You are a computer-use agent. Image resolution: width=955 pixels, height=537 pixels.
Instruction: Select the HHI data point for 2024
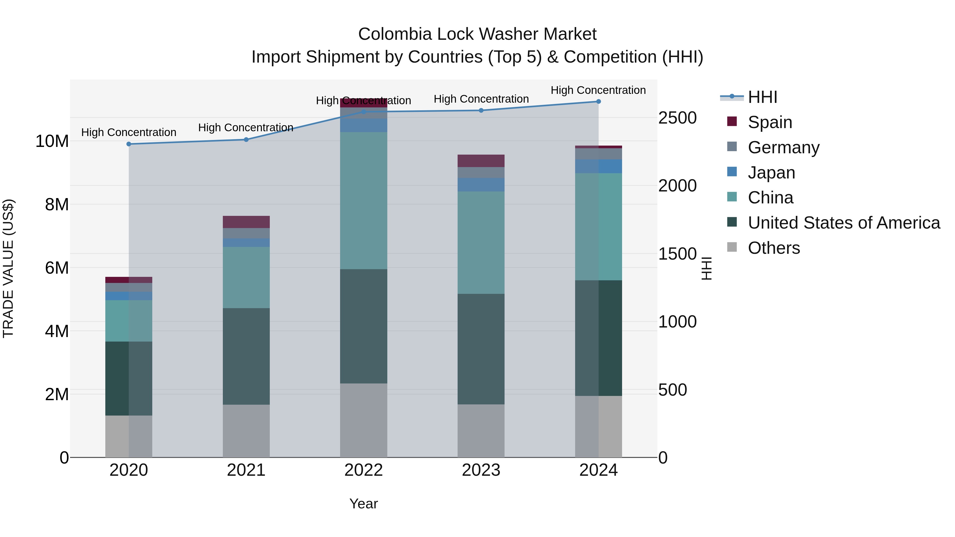[x=598, y=102]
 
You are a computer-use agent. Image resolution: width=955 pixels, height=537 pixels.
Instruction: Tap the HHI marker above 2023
[x=481, y=110]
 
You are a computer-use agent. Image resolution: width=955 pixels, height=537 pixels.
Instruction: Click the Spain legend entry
[x=770, y=122]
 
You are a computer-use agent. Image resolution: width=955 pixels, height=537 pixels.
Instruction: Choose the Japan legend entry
[x=771, y=173]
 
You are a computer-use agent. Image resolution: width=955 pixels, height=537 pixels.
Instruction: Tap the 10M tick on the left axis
[x=52, y=141]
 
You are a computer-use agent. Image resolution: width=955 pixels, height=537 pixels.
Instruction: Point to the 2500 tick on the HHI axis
[x=677, y=118]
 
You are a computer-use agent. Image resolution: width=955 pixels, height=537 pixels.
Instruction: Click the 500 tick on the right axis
[x=672, y=390]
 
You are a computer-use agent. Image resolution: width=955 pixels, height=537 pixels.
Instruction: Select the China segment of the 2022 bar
[x=363, y=200]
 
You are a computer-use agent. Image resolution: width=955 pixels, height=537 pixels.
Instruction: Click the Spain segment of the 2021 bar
[x=246, y=222]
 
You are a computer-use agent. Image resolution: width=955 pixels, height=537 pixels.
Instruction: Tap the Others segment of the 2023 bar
[x=481, y=431]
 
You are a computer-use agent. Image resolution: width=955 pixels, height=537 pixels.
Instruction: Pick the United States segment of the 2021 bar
[x=246, y=356]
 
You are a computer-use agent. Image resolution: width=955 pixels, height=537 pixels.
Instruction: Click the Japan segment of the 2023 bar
[x=481, y=185]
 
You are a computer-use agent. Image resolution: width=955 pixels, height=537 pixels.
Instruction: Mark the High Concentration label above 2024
[x=598, y=90]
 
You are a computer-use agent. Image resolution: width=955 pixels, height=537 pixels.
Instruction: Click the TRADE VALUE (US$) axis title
[x=8, y=268]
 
